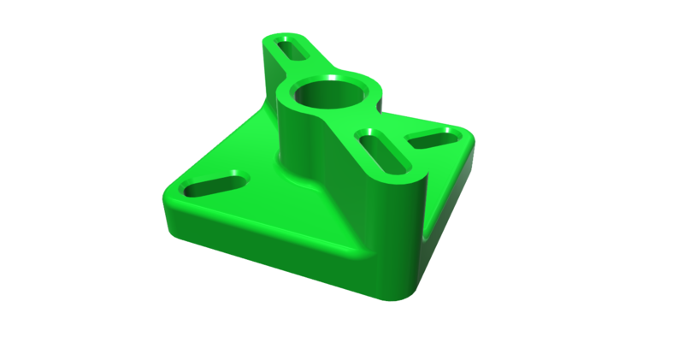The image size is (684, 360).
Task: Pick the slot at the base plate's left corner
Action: tap(215, 183)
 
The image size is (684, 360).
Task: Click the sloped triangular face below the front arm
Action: tap(359, 214)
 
